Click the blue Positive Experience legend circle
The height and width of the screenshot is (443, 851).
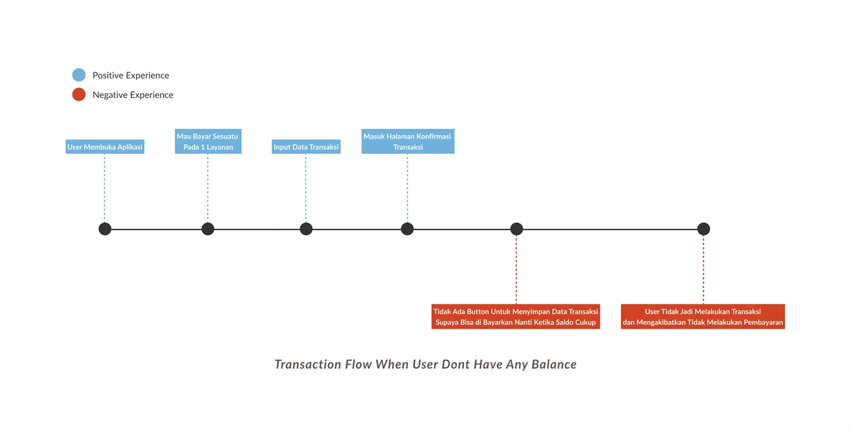pyautogui.click(x=78, y=75)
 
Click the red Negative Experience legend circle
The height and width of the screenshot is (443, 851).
pyautogui.click(x=78, y=94)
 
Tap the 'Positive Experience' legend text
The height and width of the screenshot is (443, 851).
pyautogui.click(x=131, y=75)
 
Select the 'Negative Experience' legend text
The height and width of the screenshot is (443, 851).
pyautogui.click(x=133, y=95)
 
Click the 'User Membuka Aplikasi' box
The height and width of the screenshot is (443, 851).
pyautogui.click(x=105, y=146)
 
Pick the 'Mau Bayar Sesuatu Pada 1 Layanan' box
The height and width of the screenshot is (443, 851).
pyautogui.click(x=208, y=142)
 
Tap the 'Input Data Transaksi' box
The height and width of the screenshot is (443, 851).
pyautogui.click(x=306, y=146)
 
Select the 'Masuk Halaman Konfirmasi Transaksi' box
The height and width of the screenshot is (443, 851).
pyautogui.click(x=408, y=142)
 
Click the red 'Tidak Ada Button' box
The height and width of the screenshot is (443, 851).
pyautogui.click(x=515, y=317)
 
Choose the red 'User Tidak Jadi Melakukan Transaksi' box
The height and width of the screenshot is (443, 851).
pyautogui.click(x=703, y=317)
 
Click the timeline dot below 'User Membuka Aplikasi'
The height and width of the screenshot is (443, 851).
pyautogui.click(x=105, y=229)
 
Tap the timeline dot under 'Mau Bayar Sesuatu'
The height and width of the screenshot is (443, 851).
pyautogui.click(x=208, y=229)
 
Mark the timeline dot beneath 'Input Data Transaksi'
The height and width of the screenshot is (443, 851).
pyautogui.click(x=306, y=229)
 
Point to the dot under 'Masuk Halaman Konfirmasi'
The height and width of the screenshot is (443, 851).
pyautogui.click(x=407, y=229)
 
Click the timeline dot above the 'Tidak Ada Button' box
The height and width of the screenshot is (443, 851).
pyautogui.click(x=517, y=229)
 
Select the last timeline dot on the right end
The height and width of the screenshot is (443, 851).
pyautogui.click(x=704, y=229)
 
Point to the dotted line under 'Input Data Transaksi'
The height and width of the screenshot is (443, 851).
pyautogui.click(x=306, y=188)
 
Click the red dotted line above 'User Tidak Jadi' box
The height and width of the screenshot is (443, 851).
pyautogui.click(x=704, y=270)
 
